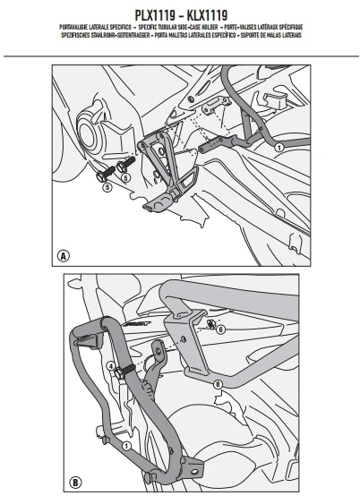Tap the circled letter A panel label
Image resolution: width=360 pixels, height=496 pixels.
64,255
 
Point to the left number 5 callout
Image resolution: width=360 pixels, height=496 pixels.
107,189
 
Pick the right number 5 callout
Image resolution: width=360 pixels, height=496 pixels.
126,177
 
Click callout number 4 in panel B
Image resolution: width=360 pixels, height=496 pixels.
113,366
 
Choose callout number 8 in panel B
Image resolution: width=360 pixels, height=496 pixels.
218,385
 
